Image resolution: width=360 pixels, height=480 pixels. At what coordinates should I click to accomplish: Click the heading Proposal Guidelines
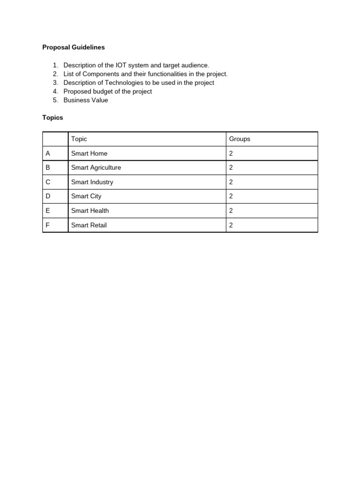(74, 47)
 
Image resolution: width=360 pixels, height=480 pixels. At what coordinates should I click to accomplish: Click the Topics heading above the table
(52, 118)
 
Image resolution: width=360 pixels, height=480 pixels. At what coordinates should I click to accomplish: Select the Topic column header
(79, 139)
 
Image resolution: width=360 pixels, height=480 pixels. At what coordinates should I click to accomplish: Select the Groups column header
(240, 139)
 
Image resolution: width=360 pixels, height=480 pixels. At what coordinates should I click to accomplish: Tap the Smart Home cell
(89, 153)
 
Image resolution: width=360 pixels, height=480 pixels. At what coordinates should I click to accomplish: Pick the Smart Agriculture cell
(96, 168)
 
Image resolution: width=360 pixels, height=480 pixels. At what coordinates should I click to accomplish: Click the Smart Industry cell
(92, 182)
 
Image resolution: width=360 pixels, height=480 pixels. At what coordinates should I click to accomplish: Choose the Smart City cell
(86, 196)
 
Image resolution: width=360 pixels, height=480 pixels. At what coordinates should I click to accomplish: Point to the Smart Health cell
(90, 211)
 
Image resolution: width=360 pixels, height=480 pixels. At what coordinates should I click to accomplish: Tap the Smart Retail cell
(89, 225)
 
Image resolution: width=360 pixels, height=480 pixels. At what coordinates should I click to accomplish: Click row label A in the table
(47, 153)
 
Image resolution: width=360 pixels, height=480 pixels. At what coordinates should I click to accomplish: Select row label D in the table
(48, 196)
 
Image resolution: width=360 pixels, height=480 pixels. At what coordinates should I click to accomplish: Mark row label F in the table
(47, 225)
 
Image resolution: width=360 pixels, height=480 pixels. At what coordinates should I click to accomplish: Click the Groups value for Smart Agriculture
(231, 168)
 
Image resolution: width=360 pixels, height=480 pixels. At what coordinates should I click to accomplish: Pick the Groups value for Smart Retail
(231, 225)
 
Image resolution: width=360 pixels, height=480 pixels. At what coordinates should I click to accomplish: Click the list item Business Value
(85, 100)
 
